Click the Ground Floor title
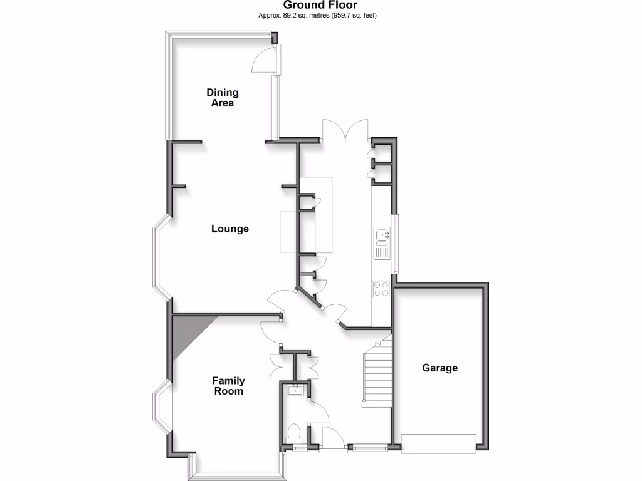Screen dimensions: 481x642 [x=320, y=5]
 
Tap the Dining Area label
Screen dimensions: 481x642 [x=223, y=98]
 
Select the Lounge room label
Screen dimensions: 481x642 [x=229, y=229]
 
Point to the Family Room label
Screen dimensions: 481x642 [x=228, y=386]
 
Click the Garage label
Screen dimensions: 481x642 [x=439, y=368]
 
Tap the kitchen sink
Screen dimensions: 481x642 [x=382, y=237]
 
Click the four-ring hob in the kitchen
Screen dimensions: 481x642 [x=381, y=289]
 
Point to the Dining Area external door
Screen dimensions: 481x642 [x=265, y=60]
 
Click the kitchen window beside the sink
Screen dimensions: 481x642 [x=395, y=244]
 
